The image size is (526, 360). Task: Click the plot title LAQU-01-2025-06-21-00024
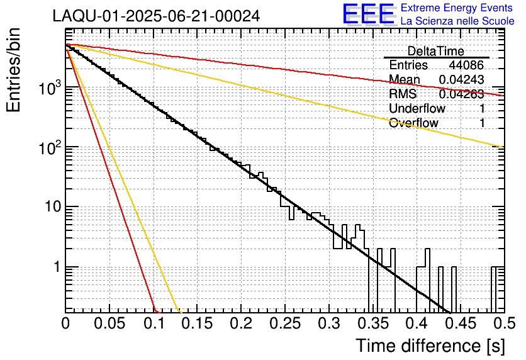point(156,16)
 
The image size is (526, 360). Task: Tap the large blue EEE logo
point(368,14)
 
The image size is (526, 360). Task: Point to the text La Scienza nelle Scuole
point(457,21)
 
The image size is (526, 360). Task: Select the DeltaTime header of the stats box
point(436,51)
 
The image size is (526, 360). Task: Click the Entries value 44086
point(466,65)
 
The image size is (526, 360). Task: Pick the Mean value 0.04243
point(461,80)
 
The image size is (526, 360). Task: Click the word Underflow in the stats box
point(417,108)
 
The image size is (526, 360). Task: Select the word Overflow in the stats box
point(413,123)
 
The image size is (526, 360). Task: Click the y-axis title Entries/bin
point(18,70)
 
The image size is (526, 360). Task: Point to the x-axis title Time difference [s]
point(429,346)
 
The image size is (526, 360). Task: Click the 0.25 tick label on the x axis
point(285,324)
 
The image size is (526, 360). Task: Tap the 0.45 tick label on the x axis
point(461,324)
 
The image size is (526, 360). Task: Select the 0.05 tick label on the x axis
point(109,324)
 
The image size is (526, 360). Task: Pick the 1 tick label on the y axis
point(55,267)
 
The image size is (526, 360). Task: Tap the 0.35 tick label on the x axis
point(372,324)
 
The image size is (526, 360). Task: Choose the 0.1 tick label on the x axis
point(153,324)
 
